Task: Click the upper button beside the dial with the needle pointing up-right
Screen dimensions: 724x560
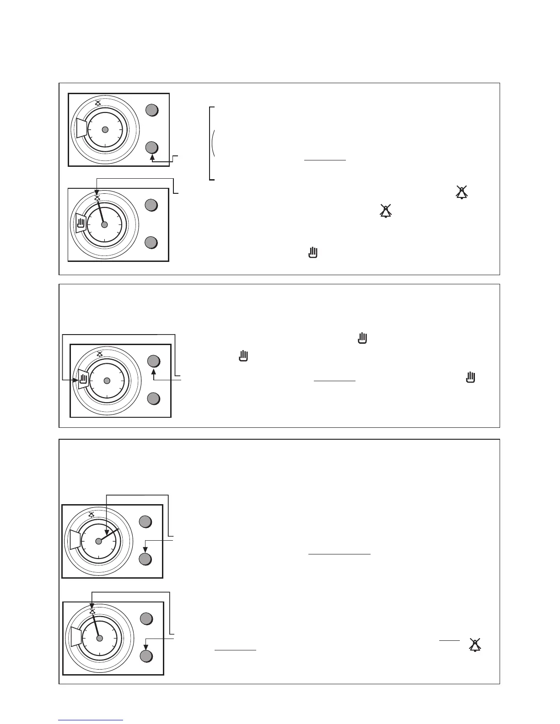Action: coord(145,522)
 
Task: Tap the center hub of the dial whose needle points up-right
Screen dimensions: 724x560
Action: coord(98,541)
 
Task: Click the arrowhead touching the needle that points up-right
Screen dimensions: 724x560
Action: coord(106,532)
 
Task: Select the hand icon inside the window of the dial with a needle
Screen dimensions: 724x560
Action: coord(81,224)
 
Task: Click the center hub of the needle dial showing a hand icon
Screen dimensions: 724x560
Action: coord(104,224)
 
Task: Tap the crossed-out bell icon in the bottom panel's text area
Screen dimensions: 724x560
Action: coord(475,644)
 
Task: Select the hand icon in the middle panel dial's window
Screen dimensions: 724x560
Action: coord(83,378)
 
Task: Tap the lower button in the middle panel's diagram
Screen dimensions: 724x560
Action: coord(154,399)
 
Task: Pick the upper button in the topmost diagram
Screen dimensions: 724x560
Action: coord(152,110)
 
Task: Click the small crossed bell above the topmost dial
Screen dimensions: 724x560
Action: coord(97,103)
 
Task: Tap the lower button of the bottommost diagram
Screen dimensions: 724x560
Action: coord(145,656)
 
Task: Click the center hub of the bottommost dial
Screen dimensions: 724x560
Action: coord(100,638)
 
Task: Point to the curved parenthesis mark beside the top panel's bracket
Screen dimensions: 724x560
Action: coord(214,143)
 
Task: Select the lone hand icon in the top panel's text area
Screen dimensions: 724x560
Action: coord(313,252)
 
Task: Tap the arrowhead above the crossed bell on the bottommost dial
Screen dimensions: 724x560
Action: coord(92,606)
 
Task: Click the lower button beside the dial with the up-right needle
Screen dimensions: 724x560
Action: coord(145,559)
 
